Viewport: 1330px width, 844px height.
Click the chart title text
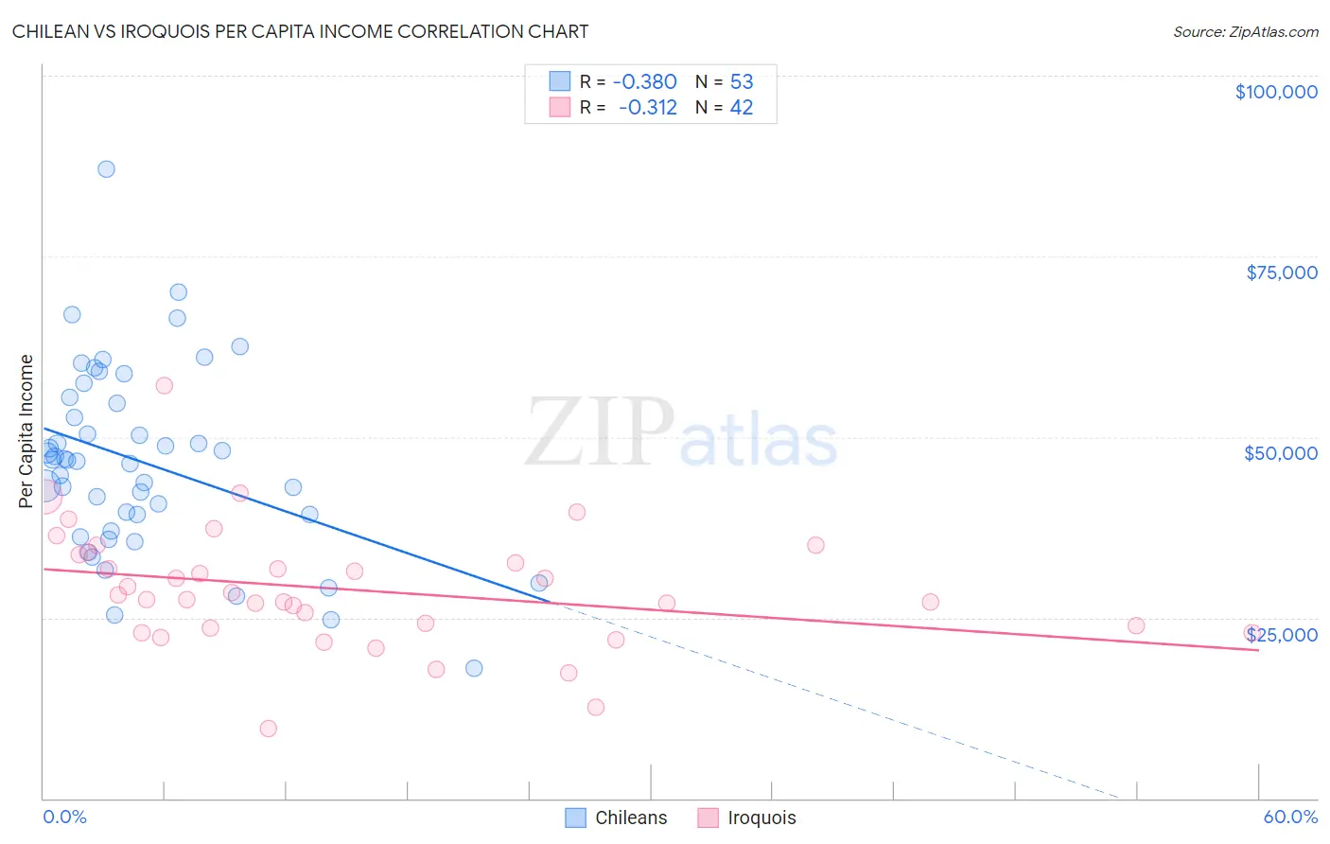tap(300, 31)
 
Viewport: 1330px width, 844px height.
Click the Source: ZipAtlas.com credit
tap(1245, 31)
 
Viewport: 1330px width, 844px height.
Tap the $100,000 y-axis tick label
tap(1276, 92)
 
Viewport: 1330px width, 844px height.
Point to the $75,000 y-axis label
tap(1281, 273)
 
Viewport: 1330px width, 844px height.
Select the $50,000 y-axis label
tap(1280, 453)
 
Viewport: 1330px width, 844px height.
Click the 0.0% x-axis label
tap(64, 817)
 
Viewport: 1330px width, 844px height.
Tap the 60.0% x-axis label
tap(1289, 817)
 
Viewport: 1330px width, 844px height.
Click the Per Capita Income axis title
tap(26, 431)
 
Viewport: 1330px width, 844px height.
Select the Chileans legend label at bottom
tap(631, 818)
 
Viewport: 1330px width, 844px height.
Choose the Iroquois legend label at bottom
tap(761, 818)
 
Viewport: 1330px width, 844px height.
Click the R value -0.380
tap(645, 82)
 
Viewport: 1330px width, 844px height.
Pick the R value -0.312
tap(648, 108)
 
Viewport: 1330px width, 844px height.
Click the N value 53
tap(742, 82)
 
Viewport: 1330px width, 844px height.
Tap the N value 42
tap(742, 108)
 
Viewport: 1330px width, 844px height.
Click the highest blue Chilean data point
tap(106, 169)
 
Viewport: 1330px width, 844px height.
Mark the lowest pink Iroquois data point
tap(268, 729)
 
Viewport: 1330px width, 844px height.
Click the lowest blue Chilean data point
tap(474, 668)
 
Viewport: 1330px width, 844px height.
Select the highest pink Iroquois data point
tap(164, 385)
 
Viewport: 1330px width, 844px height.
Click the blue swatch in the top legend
tap(560, 81)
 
